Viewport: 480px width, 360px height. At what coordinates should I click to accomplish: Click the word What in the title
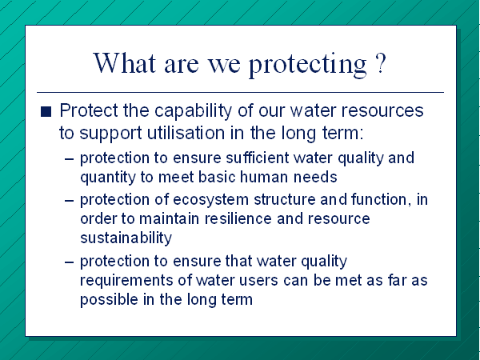click(125, 63)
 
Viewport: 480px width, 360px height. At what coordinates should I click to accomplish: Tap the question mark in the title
click(380, 63)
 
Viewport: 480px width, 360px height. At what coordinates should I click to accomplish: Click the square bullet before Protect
click(46, 111)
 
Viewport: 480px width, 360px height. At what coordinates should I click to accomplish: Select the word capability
click(193, 111)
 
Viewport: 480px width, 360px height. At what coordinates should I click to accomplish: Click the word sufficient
click(257, 158)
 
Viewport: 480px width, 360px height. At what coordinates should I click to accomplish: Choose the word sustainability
click(126, 238)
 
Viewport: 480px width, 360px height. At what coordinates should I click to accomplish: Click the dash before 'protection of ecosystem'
click(70, 201)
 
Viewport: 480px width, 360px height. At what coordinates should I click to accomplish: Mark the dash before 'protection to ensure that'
click(70, 262)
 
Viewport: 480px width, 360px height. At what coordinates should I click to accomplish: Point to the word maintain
click(170, 218)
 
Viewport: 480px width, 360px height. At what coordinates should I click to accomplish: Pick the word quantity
click(108, 178)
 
